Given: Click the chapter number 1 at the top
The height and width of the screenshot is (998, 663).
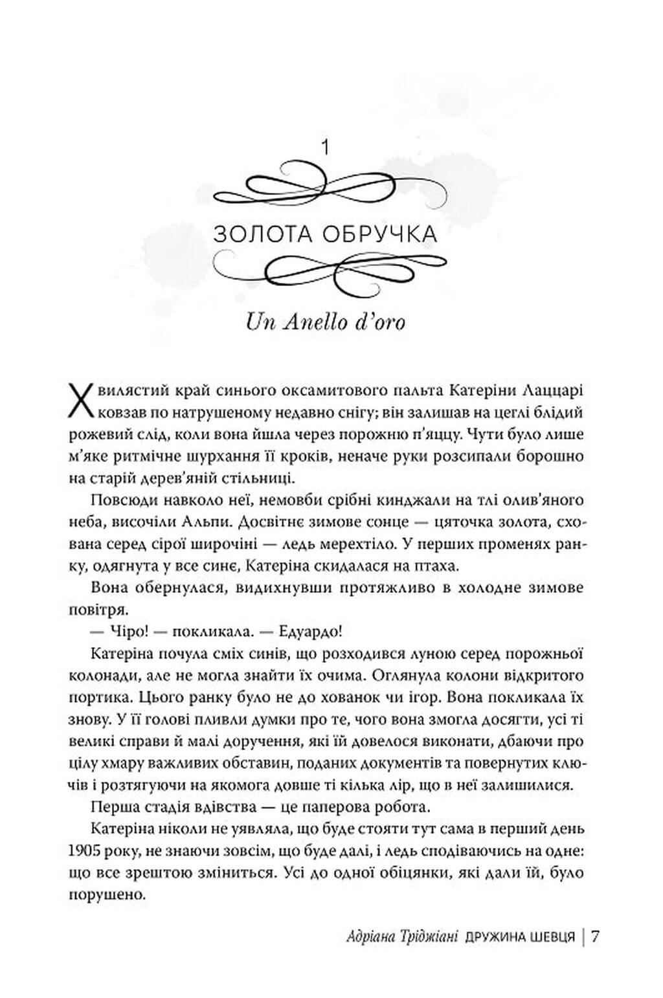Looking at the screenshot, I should [325, 148].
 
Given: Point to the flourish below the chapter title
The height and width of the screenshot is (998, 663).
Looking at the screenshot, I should [325, 271].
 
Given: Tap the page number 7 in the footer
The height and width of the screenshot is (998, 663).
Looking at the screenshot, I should [596, 937].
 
